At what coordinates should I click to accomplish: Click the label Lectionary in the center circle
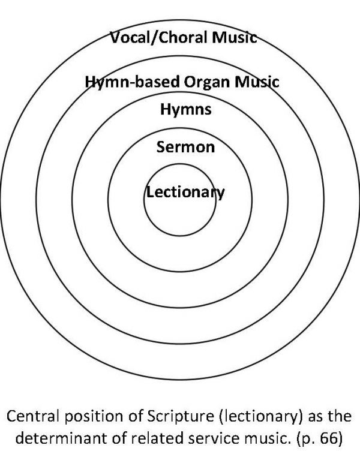[x=185, y=193]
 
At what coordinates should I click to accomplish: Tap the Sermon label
[x=185, y=147]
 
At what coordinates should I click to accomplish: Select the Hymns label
[x=186, y=110]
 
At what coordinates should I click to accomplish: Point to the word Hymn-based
[x=133, y=82]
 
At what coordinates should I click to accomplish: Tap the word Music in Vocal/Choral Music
[x=235, y=38]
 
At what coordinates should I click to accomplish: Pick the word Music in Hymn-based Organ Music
[x=257, y=82]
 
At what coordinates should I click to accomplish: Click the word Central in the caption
[x=32, y=416]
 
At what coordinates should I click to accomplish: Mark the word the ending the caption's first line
[x=340, y=416]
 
